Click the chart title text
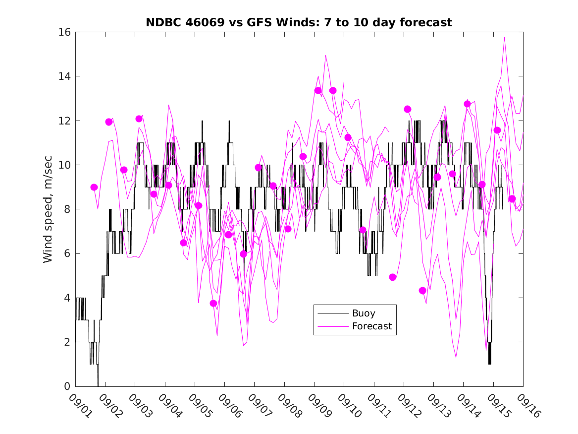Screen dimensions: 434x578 [x=299, y=22]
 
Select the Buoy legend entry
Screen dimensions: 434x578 [x=364, y=313]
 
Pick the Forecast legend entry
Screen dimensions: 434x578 [x=371, y=326]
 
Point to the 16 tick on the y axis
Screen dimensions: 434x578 [x=65, y=32]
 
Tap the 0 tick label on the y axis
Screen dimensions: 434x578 [x=67, y=386]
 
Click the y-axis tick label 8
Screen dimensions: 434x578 [x=67, y=209]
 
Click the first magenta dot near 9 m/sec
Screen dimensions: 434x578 [x=94, y=187]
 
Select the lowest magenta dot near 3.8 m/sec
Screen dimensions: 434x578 [x=213, y=303]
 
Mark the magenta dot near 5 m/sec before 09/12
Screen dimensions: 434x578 [x=393, y=277]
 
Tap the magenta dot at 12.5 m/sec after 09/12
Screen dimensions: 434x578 [x=408, y=109]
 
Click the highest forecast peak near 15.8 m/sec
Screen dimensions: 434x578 [x=504, y=38]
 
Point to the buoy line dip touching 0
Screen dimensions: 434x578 [x=98, y=385]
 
